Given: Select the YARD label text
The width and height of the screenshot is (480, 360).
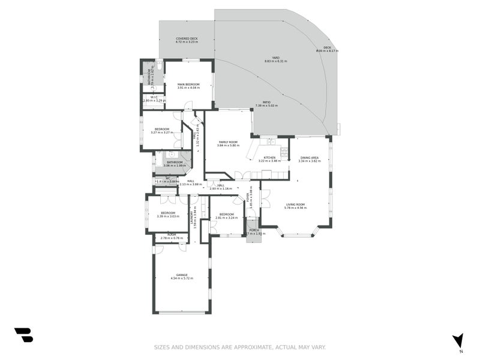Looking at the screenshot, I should point(276,58).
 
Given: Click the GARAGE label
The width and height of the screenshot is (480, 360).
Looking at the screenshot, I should point(182,275).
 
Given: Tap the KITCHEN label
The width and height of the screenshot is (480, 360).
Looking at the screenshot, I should point(269,157).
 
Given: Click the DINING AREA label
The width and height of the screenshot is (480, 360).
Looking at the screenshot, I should point(309,157).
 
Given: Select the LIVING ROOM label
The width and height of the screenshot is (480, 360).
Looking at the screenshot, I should point(295,205).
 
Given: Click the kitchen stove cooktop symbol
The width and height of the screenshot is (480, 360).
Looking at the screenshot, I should point(284,152).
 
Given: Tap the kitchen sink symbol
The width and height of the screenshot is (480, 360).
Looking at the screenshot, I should point(271,142).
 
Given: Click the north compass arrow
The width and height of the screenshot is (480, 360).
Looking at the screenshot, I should point(458,340).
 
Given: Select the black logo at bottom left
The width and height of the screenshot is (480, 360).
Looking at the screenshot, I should point(23,335).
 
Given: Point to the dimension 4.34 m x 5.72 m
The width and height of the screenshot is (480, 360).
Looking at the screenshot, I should point(182,278).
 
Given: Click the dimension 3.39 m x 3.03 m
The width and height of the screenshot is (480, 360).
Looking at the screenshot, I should point(168,216).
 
